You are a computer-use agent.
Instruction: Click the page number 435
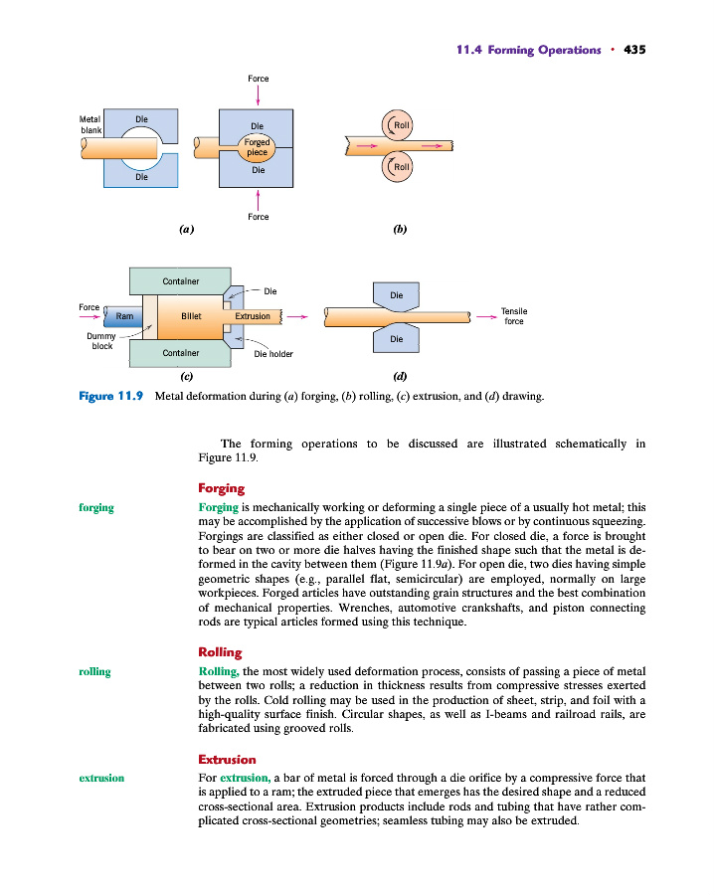click(634, 50)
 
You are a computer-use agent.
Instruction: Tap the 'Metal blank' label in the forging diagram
click(90, 125)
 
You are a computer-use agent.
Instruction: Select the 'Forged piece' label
click(258, 148)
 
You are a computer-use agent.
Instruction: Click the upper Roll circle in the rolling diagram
click(400, 125)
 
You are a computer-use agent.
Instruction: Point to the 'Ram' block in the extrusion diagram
click(124, 316)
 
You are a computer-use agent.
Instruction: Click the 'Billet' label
click(191, 316)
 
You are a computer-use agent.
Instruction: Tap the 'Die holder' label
click(273, 353)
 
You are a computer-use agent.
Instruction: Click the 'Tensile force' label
click(514, 316)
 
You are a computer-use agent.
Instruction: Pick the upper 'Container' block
click(180, 281)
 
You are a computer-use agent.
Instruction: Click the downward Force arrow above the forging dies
click(258, 95)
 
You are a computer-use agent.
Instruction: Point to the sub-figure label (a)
click(185, 229)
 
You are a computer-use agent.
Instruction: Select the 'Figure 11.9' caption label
click(111, 396)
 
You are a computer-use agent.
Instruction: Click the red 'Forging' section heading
click(221, 488)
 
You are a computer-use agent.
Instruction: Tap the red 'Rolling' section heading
click(220, 652)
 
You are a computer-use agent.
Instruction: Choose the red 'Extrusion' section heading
click(227, 760)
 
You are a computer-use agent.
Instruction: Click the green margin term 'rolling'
click(94, 672)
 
